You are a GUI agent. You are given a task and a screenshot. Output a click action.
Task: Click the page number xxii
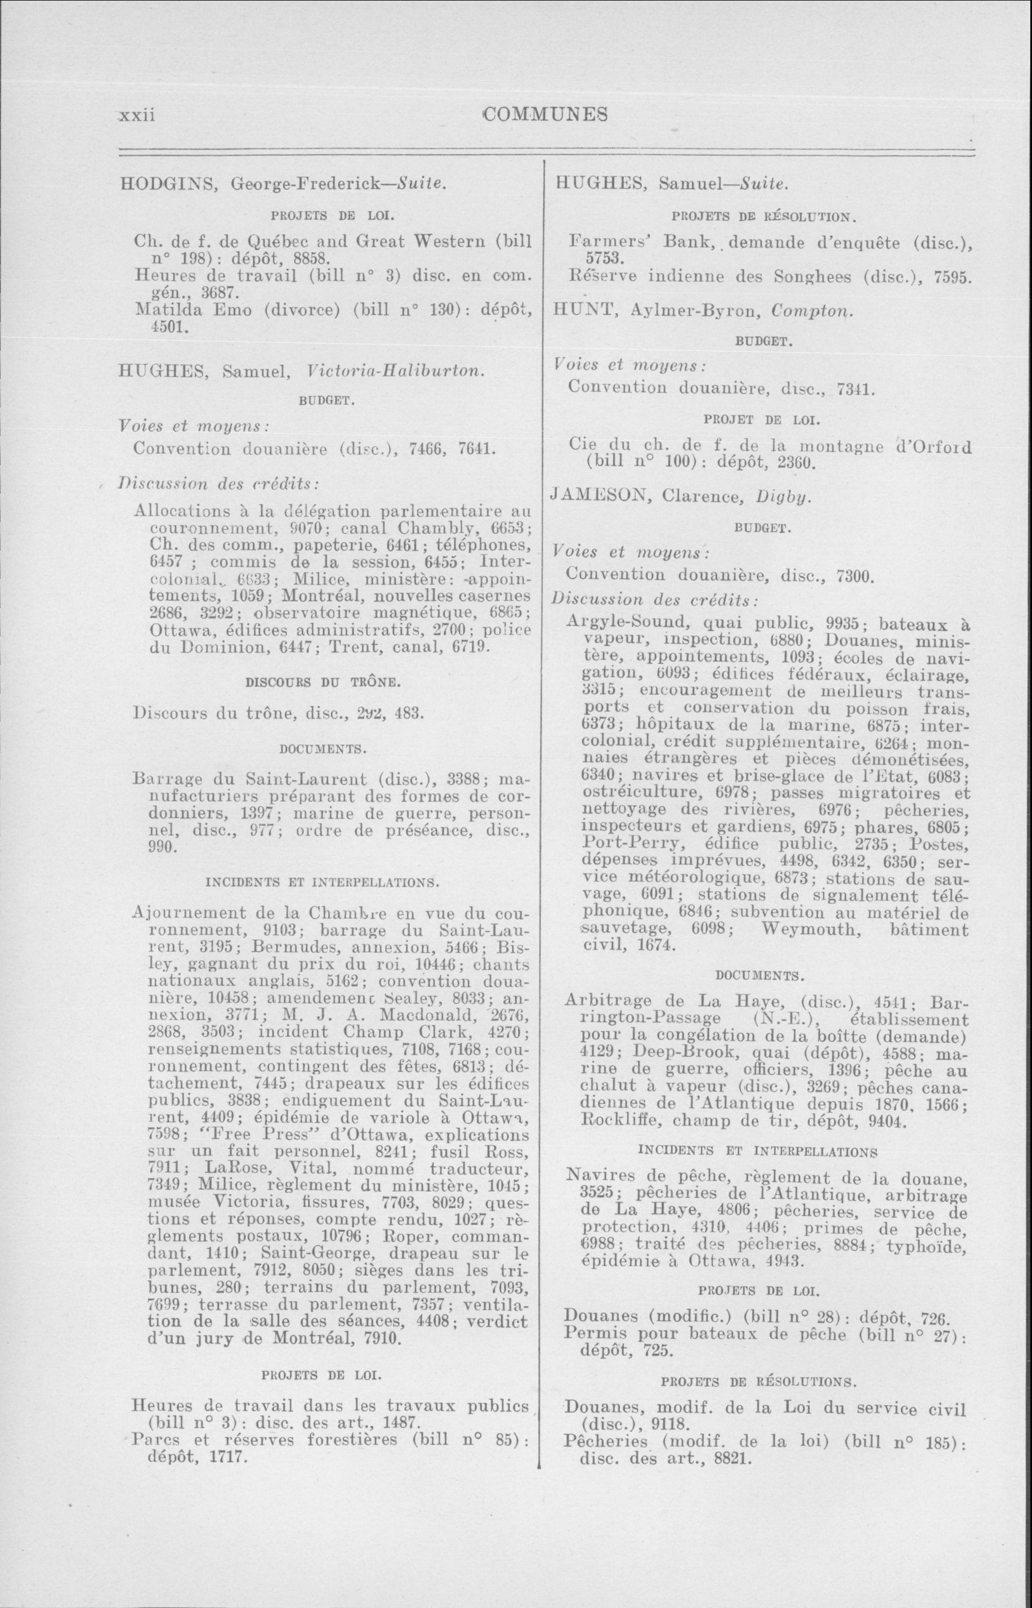137,114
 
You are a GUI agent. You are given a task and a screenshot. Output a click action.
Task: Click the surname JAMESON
600,495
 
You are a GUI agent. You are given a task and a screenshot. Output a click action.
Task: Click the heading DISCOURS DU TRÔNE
324,683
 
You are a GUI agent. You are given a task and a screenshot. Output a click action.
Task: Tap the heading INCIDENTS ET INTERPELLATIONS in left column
322,882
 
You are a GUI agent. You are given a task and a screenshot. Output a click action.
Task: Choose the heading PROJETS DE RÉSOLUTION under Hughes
762,217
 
